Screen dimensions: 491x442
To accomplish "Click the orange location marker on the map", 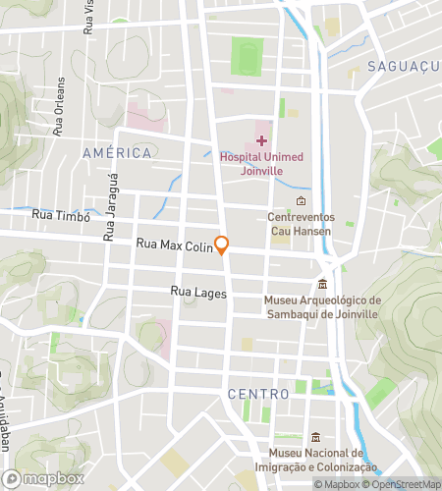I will [223, 246].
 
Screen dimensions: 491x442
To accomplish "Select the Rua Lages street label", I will [198, 293].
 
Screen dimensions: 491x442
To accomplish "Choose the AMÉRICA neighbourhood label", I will [117, 153].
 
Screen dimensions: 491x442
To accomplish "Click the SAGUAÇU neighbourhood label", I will [399, 67].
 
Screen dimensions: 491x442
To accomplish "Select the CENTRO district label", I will [257, 394].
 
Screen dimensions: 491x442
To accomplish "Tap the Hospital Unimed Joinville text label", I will [261, 163].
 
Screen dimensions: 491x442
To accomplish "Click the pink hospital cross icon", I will [261, 141].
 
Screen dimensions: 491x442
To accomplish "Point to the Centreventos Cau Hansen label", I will [302, 224].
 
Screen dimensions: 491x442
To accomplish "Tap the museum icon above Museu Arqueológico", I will [321, 284].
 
